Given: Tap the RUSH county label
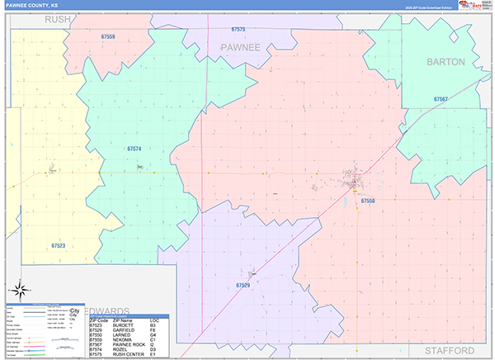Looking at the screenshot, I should [58, 18].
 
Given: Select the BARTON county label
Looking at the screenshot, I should [445, 62].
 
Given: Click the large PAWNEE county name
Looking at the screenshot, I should [240, 48].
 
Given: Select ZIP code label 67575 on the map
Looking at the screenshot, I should [238, 29].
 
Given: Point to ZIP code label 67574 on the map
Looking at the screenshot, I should [134, 149].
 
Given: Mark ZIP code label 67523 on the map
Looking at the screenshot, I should [58, 245].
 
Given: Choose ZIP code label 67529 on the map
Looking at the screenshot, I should [243, 285].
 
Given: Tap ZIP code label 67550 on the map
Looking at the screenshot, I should [368, 201].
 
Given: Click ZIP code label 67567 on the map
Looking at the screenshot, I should [441, 99].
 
